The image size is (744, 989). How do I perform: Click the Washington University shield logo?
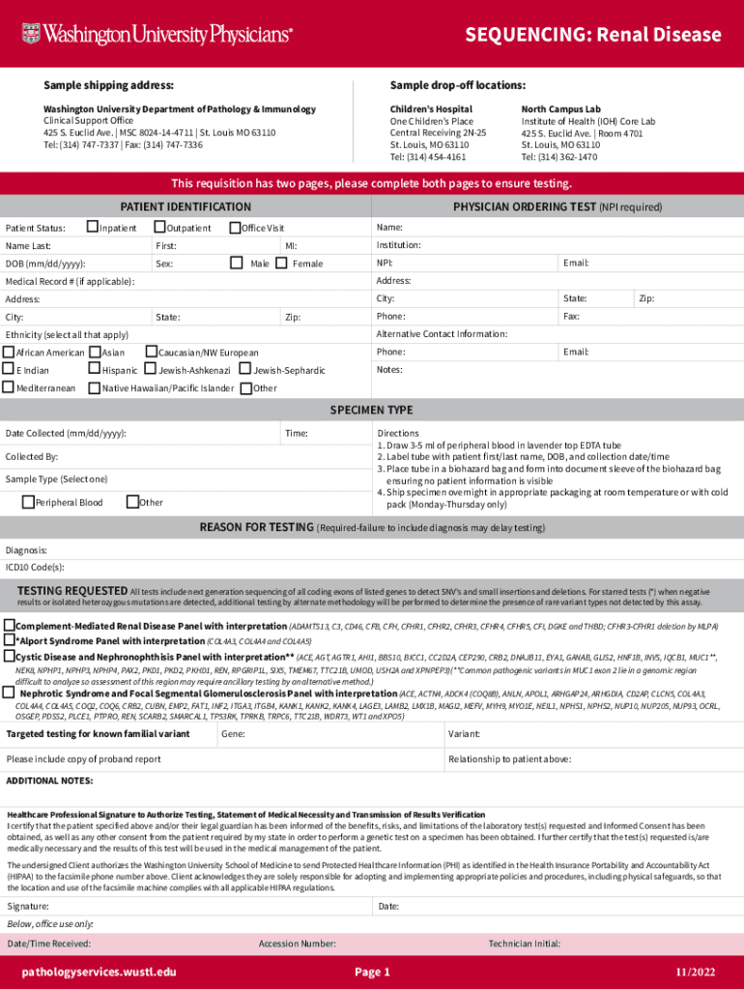pyautogui.click(x=31, y=34)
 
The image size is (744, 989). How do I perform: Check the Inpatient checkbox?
pyautogui.click(x=93, y=227)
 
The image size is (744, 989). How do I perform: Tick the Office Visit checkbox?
pyautogui.click(x=234, y=227)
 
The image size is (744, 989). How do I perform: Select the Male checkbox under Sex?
pyautogui.click(x=236, y=263)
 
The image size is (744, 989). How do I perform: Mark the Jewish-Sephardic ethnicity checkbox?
pyautogui.click(x=245, y=370)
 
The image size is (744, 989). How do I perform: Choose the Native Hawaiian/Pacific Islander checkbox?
pyautogui.click(x=94, y=388)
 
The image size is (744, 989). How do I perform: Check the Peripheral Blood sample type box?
pyautogui.click(x=28, y=501)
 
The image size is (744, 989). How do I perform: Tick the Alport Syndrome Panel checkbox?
pyautogui.click(x=10, y=639)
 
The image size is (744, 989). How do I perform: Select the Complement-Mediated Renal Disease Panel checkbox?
pyautogui.click(x=10, y=625)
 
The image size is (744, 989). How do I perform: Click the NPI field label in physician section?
pyautogui.click(x=385, y=263)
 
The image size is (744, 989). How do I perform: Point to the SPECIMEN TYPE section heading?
pyautogui.click(x=372, y=410)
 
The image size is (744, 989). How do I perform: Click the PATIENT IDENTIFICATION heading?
pyautogui.click(x=186, y=208)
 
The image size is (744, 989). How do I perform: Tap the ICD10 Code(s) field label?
pyautogui.click(x=35, y=567)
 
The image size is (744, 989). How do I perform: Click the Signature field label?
pyautogui.click(x=28, y=906)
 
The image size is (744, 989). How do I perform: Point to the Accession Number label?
pyautogui.click(x=297, y=943)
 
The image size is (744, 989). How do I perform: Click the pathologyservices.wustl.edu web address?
pyautogui.click(x=100, y=972)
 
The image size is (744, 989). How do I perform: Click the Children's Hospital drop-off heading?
pyautogui.click(x=431, y=109)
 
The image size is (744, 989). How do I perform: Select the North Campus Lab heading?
pyautogui.click(x=560, y=109)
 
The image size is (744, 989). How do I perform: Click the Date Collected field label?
pyautogui.click(x=66, y=434)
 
